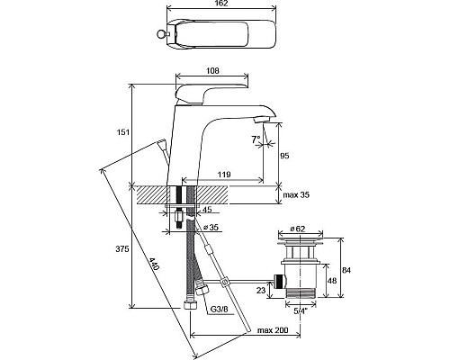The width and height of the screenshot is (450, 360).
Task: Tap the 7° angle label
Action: (256, 139)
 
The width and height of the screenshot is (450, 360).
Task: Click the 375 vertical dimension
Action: (123, 248)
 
